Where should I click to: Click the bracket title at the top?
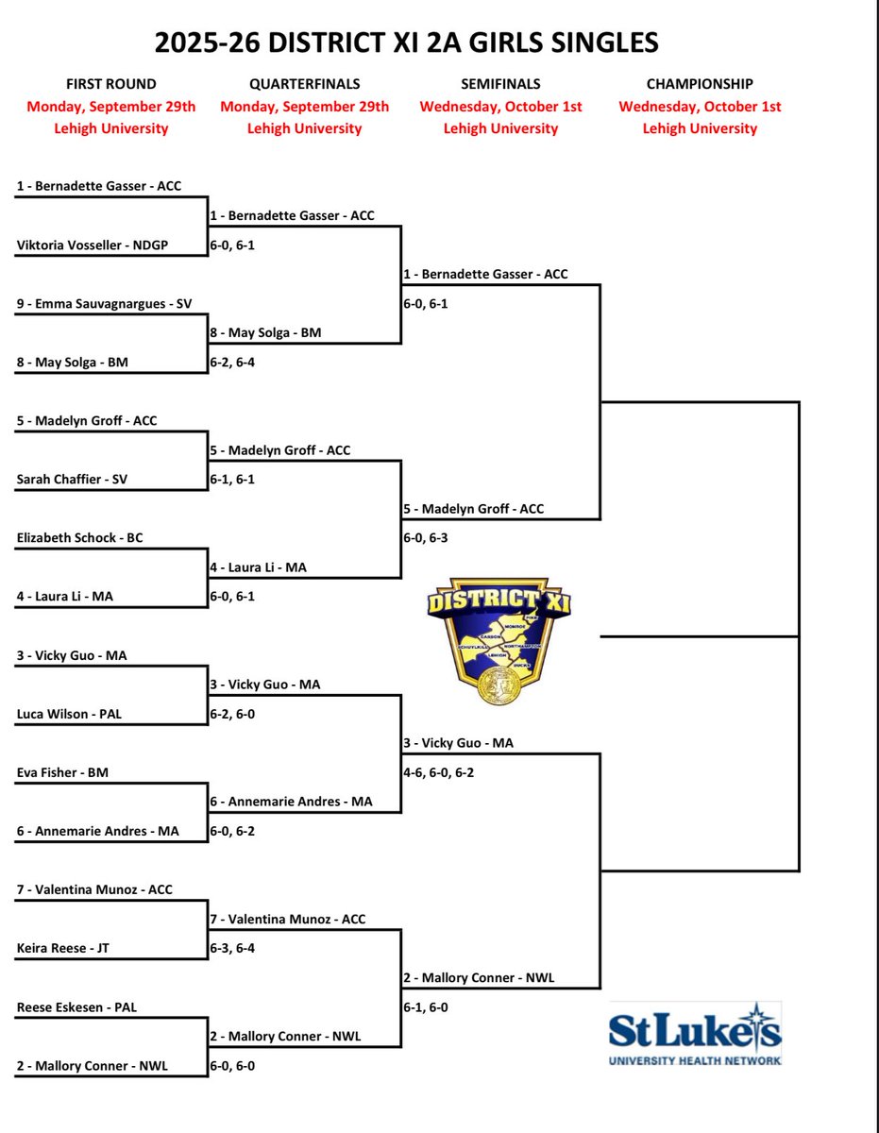point(407,42)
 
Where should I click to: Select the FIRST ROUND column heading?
point(111,84)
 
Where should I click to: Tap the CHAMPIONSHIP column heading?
point(700,84)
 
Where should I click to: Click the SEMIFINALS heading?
point(500,84)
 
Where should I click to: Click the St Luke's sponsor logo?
point(695,1034)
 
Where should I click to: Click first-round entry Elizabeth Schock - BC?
point(80,537)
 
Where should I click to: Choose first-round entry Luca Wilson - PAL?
point(69,714)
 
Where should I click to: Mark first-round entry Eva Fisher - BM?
point(62,772)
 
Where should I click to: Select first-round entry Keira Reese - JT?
point(62,948)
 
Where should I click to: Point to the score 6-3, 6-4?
point(231,948)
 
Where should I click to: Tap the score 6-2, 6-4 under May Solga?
point(231,362)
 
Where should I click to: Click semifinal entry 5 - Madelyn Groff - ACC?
point(473,509)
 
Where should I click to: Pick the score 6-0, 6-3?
point(425,537)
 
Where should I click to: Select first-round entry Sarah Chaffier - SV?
point(72,479)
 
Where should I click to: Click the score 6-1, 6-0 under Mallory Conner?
point(425,1007)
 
